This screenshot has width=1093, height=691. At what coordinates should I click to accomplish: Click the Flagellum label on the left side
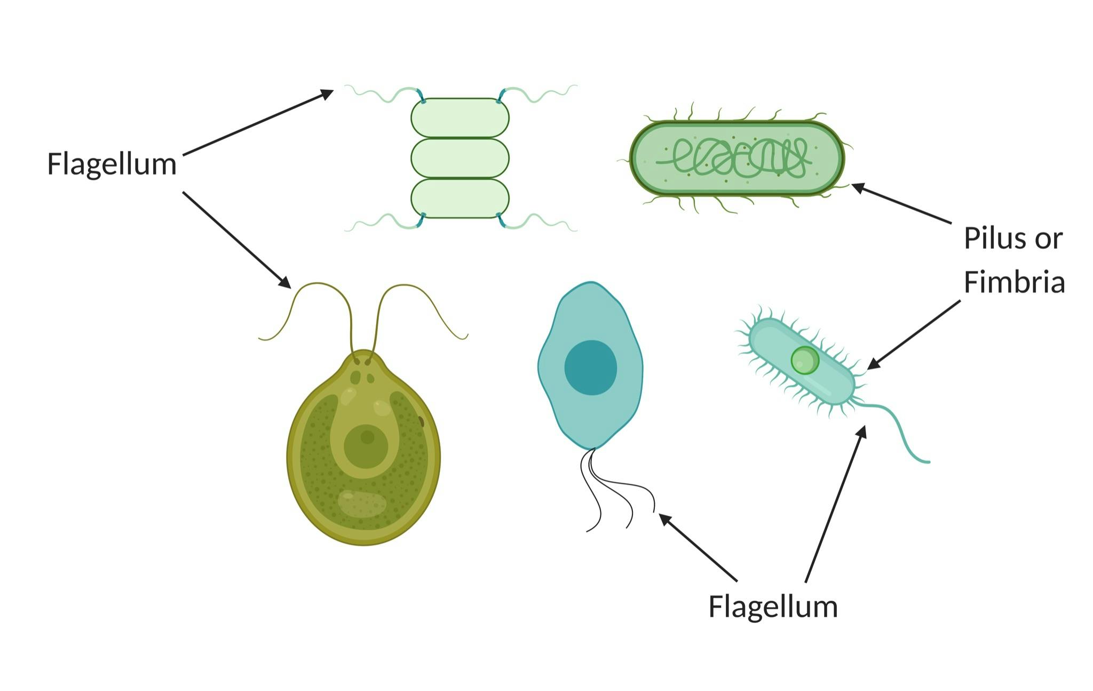[112, 164]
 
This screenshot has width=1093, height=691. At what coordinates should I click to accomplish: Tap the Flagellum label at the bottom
[772, 607]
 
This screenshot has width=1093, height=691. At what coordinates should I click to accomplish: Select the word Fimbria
[1014, 281]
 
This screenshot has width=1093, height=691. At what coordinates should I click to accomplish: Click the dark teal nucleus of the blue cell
[590, 367]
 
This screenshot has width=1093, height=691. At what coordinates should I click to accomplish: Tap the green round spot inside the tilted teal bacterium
[804, 360]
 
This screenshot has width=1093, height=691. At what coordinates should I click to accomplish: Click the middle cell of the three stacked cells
[460, 158]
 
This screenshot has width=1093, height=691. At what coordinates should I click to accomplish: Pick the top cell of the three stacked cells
[460, 117]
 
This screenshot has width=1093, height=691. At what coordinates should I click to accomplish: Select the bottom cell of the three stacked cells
[460, 199]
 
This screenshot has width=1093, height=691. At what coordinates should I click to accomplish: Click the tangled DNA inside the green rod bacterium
[736, 158]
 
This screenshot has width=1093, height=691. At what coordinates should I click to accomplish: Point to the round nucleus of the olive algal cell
[366, 446]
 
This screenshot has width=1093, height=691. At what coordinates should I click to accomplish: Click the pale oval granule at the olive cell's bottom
[362, 503]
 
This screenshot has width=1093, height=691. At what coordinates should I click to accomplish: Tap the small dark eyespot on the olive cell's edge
[421, 422]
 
